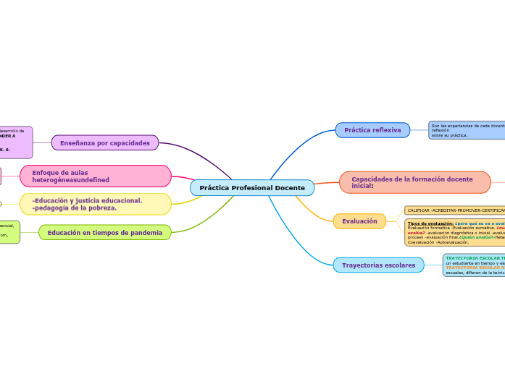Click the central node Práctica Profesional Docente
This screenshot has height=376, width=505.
click(251, 188)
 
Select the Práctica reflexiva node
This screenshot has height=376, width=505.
click(372, 130)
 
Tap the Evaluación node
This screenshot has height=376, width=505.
click(359, 221)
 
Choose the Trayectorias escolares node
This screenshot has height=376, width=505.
click(378, 265)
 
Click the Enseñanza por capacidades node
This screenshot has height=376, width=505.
click(104, 143)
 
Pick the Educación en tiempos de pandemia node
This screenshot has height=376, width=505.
click(104, 233)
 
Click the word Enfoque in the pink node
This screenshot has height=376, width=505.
click(49, 173)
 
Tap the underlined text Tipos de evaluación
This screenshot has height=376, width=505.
click(430, 223)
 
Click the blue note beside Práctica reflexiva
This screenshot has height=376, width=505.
click(466, 130)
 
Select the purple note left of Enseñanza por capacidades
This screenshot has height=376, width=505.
click(15, 142)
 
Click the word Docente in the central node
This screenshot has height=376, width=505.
click(289, 188)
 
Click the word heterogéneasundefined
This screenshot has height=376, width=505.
click(70, 179)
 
